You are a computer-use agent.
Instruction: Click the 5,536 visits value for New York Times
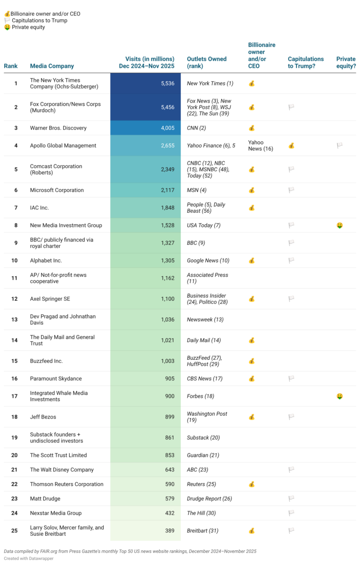[x=167, y=83]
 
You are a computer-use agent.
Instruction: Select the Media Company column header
[x=52, y=66]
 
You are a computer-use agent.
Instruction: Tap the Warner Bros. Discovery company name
[x=58, y=128]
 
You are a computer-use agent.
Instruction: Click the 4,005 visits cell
[x=167, y=128]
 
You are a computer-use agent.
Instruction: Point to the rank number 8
[x=16, y=226]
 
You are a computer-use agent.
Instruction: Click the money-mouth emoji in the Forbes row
[x=339, y=396]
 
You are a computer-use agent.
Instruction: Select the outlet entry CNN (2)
[x=196, y=128]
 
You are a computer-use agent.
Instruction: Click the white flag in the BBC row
[x=291, y=243]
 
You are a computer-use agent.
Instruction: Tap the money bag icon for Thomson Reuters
[x=252, y=484]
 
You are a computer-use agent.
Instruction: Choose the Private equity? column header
[x=346, y=63]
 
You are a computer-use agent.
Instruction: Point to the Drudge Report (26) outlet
[x=209, y=499]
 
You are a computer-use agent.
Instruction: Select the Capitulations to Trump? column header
[x=306, y=63]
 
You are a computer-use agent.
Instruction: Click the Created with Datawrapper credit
[x=28, y=558]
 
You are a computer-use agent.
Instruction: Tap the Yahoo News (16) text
[x=261, y=145]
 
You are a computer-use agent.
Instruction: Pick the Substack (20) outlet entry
[x=203, y=438]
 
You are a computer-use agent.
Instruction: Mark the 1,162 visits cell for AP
[x=167, y=278]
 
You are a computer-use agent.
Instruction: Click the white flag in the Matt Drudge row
[x=291, y=499]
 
